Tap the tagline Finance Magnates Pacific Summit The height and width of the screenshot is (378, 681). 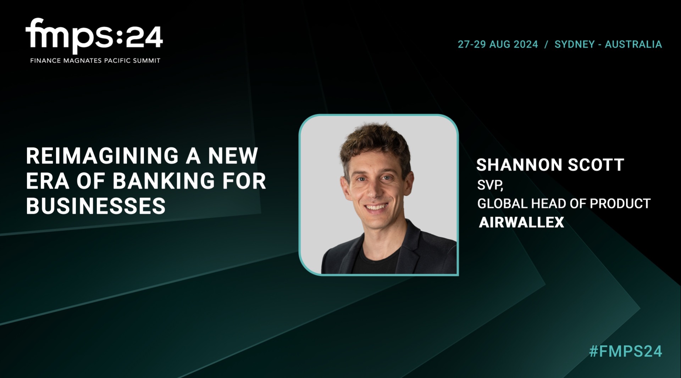pos(95,61)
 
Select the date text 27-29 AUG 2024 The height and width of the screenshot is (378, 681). pos(498,44)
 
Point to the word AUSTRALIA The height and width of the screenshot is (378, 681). pos(633,44)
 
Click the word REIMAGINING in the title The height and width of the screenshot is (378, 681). pos(102,156)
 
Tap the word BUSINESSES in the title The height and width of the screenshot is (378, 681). pos(96,206)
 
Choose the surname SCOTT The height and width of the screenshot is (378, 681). pos(596,165)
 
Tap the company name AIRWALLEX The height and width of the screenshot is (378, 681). pos(521,222)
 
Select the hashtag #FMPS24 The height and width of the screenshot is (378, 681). pos(626,351)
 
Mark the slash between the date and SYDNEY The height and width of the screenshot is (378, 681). pos(546,44)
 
